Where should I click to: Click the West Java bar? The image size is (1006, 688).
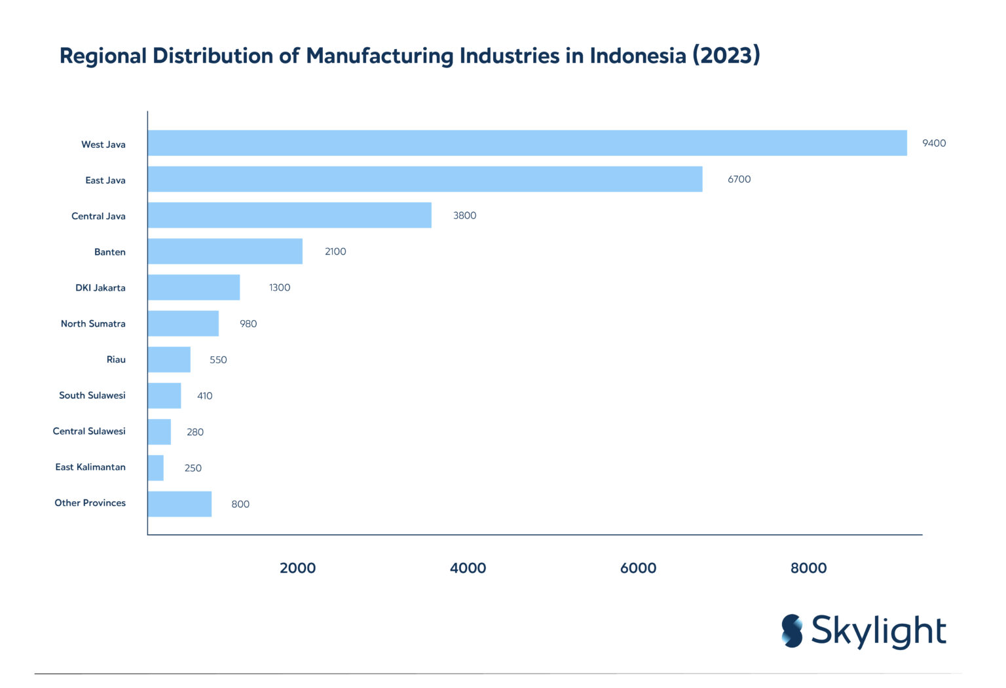[527, 143]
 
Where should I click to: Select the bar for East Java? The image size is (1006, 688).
[424, 179]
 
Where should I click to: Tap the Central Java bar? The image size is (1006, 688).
[289, 215]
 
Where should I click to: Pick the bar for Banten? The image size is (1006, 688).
[225, 251]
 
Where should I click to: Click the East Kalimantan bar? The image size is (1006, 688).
[155, 467]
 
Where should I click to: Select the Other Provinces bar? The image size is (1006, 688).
[179, 503]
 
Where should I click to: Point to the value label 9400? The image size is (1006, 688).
[933, 143]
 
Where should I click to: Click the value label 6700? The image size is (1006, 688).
[739, 179]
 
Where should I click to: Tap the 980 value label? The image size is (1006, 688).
[248, 323]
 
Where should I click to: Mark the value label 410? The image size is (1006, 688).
[204, 395]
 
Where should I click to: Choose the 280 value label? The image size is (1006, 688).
[195, 432]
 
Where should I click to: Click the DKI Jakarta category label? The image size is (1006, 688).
[100, 287]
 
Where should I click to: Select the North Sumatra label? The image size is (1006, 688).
[93, 323]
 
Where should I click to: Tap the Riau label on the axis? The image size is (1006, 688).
[116, 359]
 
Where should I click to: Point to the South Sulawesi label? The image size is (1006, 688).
[92, 395]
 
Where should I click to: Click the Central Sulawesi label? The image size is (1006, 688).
[89, 431]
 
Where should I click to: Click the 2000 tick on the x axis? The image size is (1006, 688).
[297, 568]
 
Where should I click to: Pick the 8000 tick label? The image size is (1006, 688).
[808, 568]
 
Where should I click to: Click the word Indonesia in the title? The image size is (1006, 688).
[637, 56]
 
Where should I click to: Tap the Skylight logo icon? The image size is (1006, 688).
[792, 631]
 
